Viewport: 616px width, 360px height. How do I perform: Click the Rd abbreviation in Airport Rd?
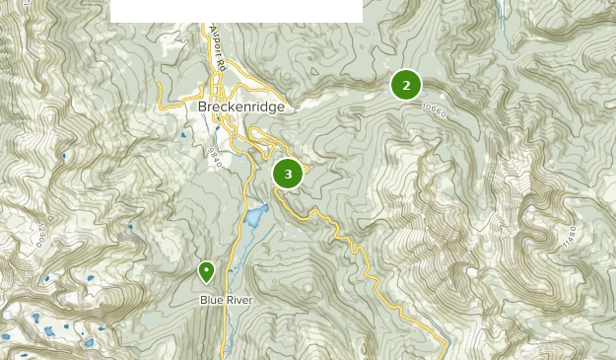click(222, 66)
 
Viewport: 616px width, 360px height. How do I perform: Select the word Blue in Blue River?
click(211, 300)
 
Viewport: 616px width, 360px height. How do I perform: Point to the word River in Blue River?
click(238, 300)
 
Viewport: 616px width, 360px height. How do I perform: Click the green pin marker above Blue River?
click(207, 270)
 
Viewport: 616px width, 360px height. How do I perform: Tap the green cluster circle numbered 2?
click(406, 85)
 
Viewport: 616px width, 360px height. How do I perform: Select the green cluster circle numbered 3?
click(288, 175)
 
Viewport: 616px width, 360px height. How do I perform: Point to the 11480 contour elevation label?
click(569, 237)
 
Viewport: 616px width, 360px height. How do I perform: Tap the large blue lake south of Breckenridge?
click(256, 216)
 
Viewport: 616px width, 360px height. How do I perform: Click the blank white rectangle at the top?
click(236, 11)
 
